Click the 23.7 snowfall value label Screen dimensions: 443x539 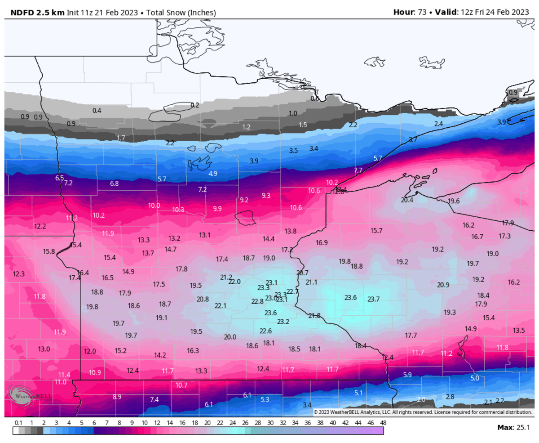click(x=373, y=299)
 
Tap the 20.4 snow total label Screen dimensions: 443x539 click(x=407, y=200)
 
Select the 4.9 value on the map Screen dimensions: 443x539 click(x=213, y=174)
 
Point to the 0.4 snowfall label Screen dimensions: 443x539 click(x=97, y=111)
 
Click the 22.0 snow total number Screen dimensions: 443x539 click(x=234, y=282)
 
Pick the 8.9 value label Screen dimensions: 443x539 click(x=117, y=397)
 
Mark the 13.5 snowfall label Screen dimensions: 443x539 click(x=519, y=331)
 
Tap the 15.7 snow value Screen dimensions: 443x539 click(x=376, y=231)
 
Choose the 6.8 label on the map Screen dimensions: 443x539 click(x=114, y=183)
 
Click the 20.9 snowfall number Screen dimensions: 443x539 click(x=443, y=285)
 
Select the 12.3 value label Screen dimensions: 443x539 click(x=18, y=274)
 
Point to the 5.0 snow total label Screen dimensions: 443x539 click(x=474, y=378)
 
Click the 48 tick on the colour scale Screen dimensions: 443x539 click(x=383, y=423)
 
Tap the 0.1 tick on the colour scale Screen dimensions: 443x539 click(x=18, y=423)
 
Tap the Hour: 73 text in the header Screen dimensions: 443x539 click(x=409, y=13)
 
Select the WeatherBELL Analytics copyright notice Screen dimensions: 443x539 click(x=422, y=412)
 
